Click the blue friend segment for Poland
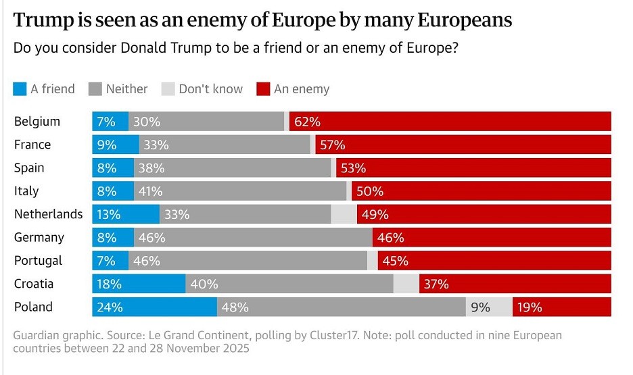tap(154, 307)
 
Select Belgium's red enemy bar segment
tap(450, 122)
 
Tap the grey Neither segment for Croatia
tap(289, 284)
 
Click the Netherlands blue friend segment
tap(126, 214)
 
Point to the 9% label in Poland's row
tap(480, 307)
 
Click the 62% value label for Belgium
tap(308, 122)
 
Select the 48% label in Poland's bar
tap(235, 307)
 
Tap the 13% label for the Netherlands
tap(108, 214)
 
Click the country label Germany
tap(39, 237)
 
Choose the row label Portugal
tap(38, 260)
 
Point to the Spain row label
tap(29, 168)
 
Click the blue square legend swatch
tap(20, 89)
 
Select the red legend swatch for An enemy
tap(263, 89)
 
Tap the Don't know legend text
tap(210, 89)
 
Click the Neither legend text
tap(126, 89)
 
